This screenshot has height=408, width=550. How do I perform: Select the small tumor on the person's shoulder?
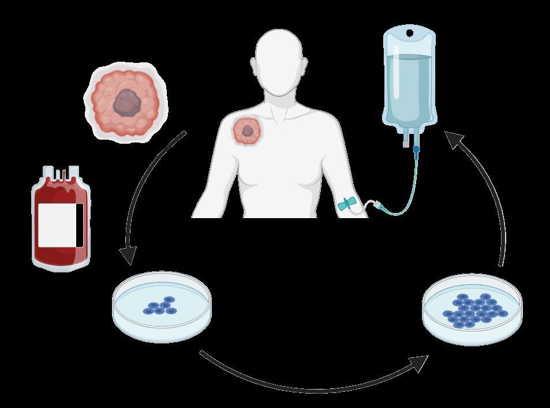coord(247,130)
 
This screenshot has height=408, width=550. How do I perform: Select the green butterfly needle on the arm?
coord(349,205)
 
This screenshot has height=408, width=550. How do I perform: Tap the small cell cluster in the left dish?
coord(160,308)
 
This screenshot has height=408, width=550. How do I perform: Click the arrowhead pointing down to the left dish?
coord(128,254)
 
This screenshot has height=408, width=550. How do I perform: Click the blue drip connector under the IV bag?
coord(416,151)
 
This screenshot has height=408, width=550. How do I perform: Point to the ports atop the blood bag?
coord(61,172)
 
